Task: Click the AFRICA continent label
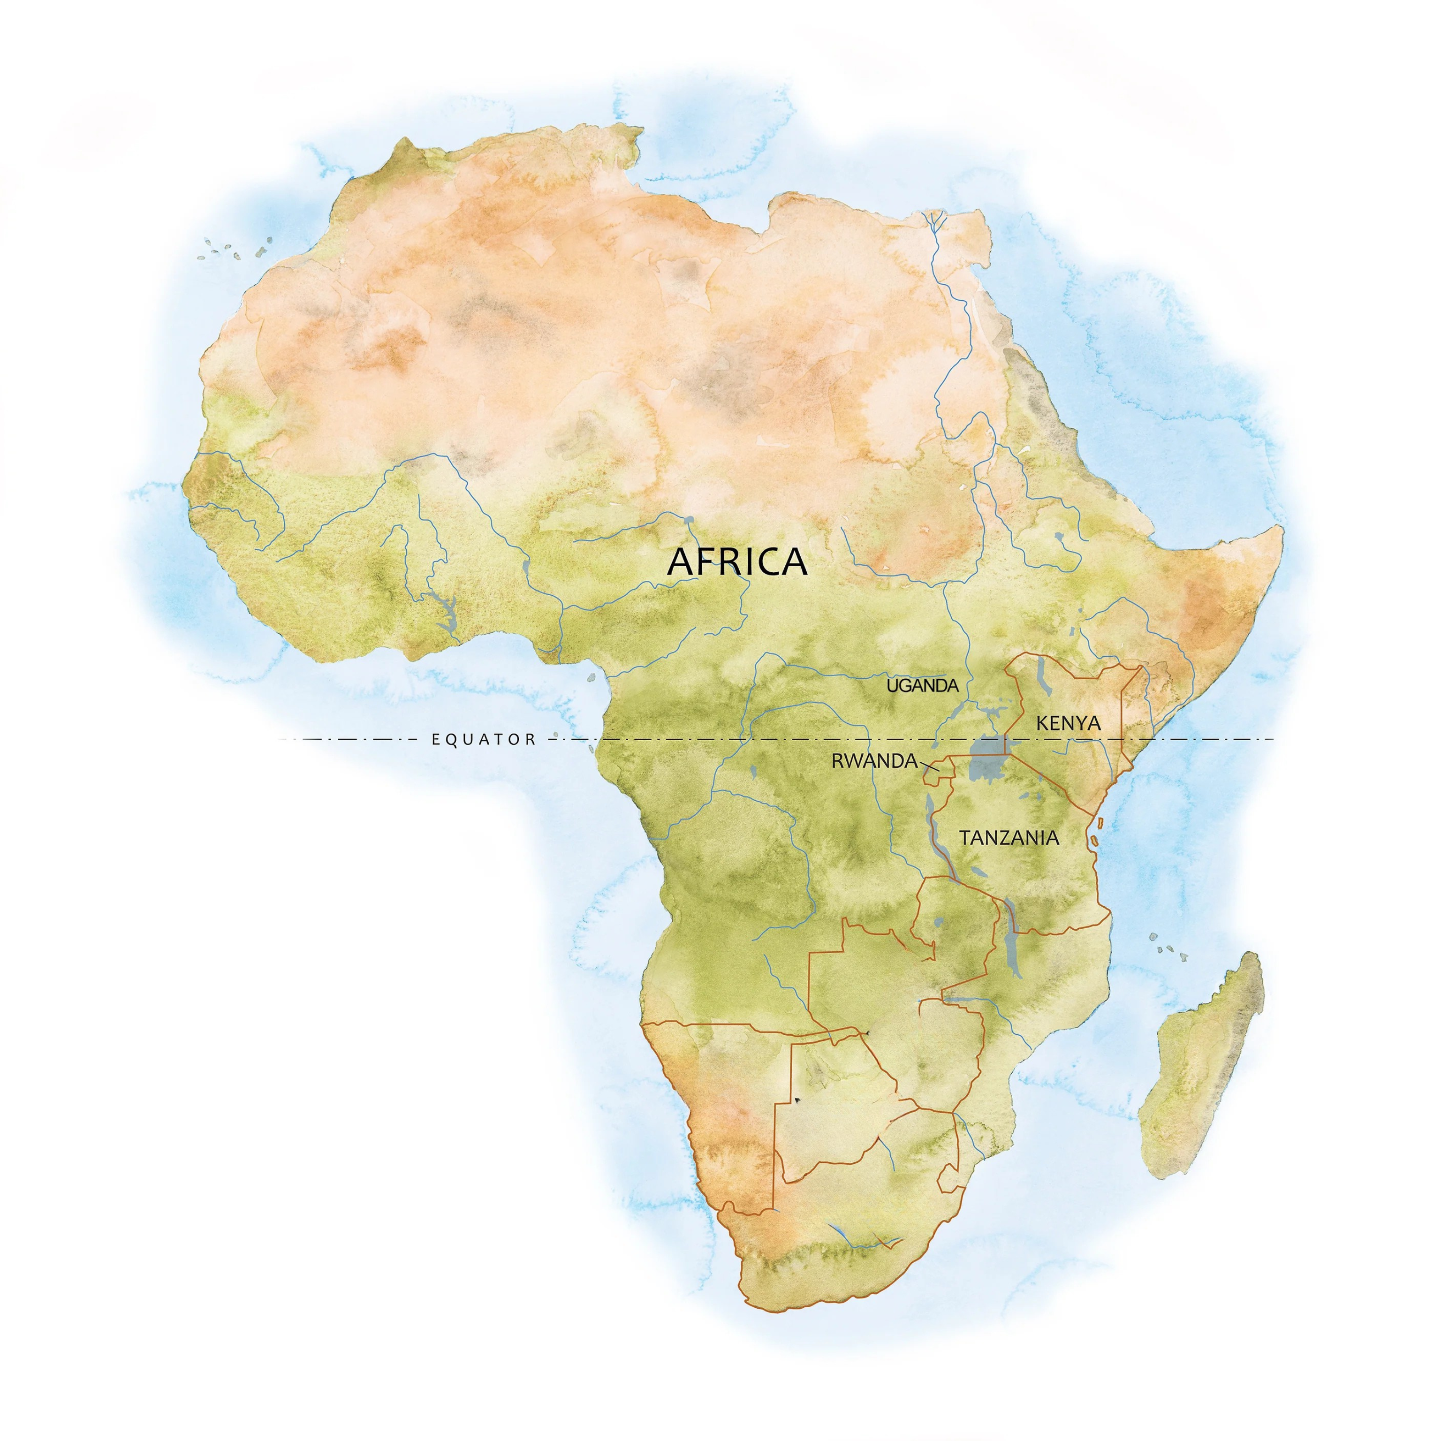[x=737, y=561]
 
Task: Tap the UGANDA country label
[x=922, y=685]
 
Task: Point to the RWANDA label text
[x=873, y=761]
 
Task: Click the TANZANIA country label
[x=1009, y=838]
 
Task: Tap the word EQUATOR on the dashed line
[x=483, y=740]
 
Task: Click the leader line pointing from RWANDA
[x=929, y=765]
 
